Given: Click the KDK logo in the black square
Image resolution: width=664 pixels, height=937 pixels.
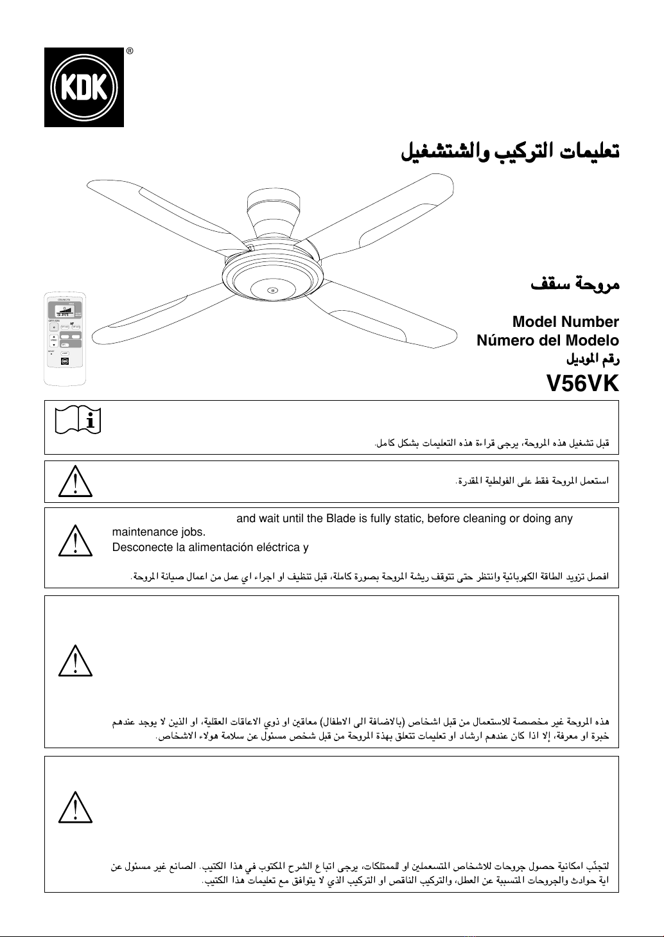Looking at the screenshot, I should [83, 87].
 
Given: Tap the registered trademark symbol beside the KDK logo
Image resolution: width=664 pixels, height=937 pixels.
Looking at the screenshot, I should [129, 51].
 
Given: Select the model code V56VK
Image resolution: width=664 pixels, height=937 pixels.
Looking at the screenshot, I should [582, 383].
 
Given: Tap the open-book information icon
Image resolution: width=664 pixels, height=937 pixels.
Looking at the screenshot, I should [75, 421].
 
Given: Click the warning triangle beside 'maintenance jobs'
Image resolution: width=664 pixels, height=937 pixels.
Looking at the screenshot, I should [75, 541].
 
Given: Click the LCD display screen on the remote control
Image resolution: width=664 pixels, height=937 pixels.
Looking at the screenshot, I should [64, 312].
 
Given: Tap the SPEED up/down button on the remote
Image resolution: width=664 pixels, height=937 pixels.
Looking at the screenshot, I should [54, 340].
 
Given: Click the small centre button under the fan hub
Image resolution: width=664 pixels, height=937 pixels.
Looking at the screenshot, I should [272, 290].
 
